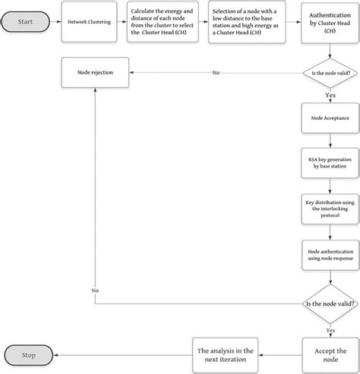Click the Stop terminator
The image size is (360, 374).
tap(27, 354)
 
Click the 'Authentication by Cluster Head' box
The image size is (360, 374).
tap(329, 24)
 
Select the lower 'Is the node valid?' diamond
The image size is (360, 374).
tap(329, 303)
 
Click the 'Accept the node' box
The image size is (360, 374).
tap(329, 353)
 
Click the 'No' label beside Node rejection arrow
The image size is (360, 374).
tap(216, 73)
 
